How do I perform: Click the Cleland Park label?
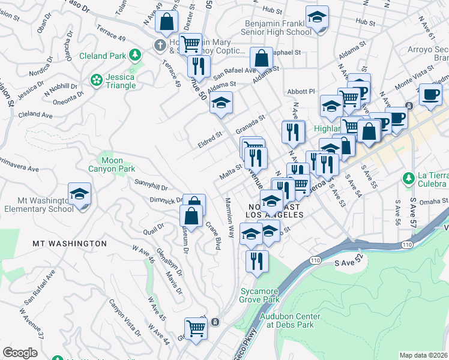click(x=104, y=56)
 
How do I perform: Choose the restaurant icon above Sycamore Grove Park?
click(x=257, y=261)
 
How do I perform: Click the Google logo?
click(x=20, y=353)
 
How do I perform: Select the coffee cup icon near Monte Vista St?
click(x=430, y=95)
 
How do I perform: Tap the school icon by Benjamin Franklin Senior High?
click(x=317, y=18)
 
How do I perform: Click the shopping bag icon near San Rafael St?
click(x=261, y=59)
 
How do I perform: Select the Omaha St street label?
click(x=429, y=202)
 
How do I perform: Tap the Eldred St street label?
click(x=210, y=142)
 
